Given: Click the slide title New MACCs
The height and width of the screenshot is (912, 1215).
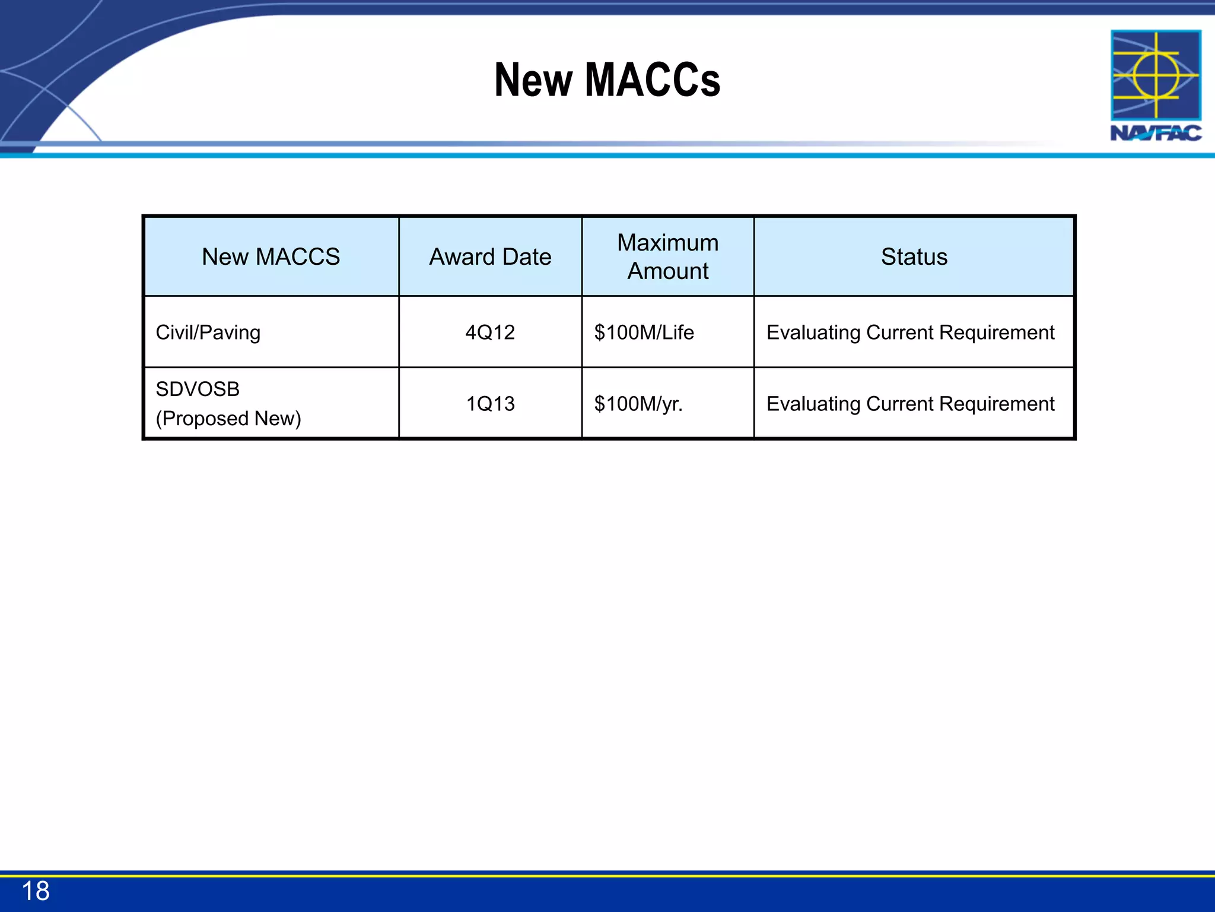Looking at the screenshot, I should coord(607,80).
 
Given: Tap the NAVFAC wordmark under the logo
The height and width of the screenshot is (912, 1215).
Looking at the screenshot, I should coord(1156,133).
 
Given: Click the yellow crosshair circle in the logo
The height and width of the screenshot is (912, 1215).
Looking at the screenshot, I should coord(1156,75).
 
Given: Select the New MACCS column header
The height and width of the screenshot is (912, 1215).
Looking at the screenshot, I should coord(271,256).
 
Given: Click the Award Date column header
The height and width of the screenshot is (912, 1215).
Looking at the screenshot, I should coord(490,256).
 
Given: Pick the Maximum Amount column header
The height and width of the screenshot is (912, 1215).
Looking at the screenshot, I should coord(667,256).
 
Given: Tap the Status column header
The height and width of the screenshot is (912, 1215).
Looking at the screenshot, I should coord(914,256).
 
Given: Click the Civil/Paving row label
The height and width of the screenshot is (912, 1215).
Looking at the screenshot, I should coord(208,332).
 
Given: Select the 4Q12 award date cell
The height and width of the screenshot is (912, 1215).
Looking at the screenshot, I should coord(490,332).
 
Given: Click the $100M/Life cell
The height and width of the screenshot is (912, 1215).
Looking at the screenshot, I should coord(644,332).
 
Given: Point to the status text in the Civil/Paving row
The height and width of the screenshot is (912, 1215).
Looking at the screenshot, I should coord(910,332).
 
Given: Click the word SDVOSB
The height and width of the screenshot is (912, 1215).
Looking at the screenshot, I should coord(198,389).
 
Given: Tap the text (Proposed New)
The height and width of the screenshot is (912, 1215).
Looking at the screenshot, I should coord(228,419).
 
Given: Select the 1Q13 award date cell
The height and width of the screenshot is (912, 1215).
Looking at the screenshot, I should coord(490,404).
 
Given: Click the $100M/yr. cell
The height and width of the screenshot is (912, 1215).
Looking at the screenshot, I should coord(638,404).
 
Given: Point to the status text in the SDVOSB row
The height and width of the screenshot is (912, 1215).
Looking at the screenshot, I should coord(910,404).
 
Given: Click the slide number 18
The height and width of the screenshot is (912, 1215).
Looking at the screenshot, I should coord(36,891).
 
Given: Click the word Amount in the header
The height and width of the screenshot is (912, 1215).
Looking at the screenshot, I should coord(667,271).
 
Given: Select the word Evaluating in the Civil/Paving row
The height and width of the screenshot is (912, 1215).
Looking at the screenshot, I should coord(813,332).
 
